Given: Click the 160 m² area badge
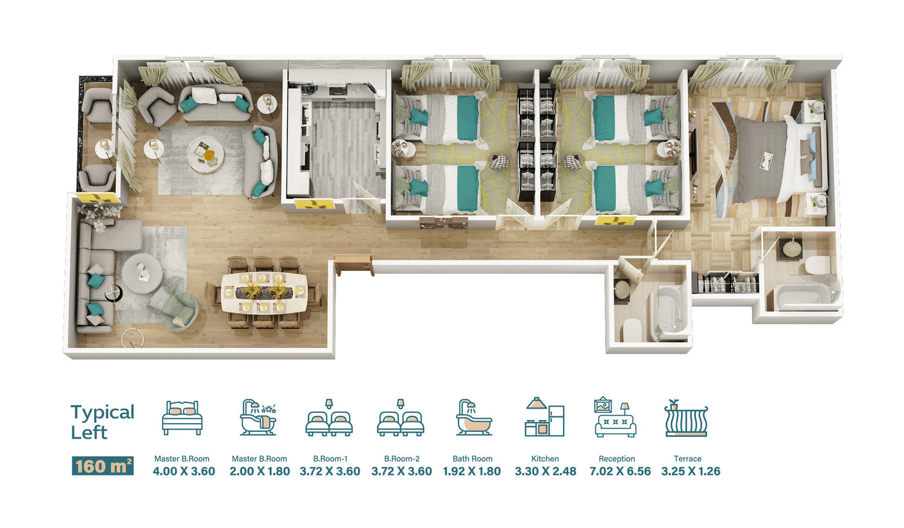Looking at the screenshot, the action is (x=102, y=466).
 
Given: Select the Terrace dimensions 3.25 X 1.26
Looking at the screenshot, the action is (x=691, y=471).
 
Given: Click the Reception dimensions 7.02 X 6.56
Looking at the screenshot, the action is (x=620, y=471).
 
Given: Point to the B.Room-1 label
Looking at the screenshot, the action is (x=330, y=459).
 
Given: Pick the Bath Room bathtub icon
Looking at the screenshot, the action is (x=474, y=418).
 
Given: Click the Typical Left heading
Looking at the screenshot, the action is (x=102, y=422).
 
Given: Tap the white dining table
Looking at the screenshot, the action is (x=265, y=293).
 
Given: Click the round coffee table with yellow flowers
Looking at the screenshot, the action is (x=206, y=156).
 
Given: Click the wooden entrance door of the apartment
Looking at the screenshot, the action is (x=354, y=264).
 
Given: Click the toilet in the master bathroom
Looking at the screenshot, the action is (x=817, y=266).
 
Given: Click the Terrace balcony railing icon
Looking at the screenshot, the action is (x=686, y=418).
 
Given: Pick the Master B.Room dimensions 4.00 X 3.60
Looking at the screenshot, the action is (x=184, y=471).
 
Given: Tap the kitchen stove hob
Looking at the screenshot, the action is (x=337, y=91).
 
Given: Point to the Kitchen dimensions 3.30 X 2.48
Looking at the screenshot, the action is (x=545, y=471).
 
